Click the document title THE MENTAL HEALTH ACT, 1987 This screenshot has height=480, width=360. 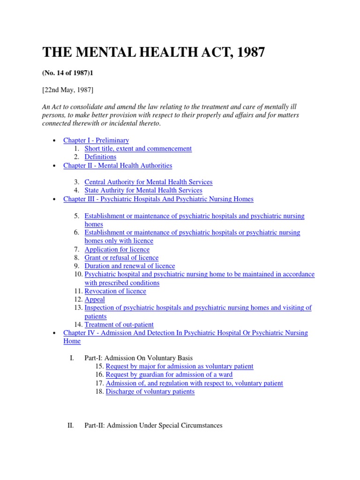click(x=154, y=52)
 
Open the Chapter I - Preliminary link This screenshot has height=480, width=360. click(x=96, y=140)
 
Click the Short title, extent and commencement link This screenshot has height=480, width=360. click(x=138, y=149)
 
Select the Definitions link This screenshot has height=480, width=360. click(x=100, y=157)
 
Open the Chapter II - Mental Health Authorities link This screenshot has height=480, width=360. click(x=118, y=165)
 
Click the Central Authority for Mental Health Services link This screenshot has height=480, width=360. click(x=148, y=182)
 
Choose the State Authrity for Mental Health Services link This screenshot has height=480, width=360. click(x=143, y=190)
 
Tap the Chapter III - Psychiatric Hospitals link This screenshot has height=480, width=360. click(x=158, y=199)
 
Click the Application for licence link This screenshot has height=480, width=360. click(x=117, y=249)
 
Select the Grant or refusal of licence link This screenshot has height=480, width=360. click(x=121, y=258)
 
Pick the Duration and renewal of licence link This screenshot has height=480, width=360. click(x=129, y=266)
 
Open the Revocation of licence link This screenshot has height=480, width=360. click(x=115, y=291)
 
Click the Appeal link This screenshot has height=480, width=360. click(x=95, y=300)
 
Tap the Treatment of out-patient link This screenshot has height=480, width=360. click(x=119, y=324)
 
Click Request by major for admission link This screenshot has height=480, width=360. click(x=180, y=366)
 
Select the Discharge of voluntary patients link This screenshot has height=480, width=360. click(x=150, y=391)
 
